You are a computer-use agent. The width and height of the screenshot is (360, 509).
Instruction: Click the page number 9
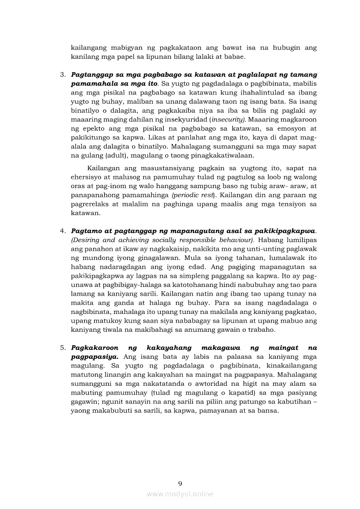coord(180,483)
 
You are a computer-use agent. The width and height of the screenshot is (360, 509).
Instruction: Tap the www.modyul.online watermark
coord(180,494)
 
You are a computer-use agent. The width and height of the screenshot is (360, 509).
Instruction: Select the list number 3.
coord(63,75)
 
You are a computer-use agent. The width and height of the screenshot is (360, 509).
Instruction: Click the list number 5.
coord(63,348)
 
